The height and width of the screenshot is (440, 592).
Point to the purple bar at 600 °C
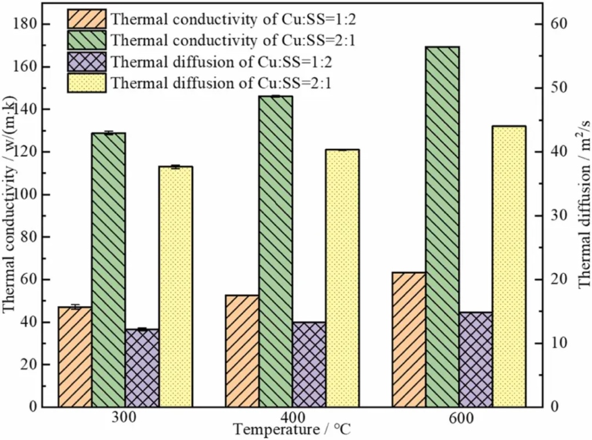click(x=475, y=359)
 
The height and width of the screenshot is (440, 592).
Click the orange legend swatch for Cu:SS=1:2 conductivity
click(x=86, y=18)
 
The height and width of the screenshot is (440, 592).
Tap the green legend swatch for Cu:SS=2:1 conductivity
click(x=86, y=40)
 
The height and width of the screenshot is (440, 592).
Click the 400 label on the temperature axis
click(x=291, y=418)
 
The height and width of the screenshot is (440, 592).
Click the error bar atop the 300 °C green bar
click(x=108, y=133)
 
